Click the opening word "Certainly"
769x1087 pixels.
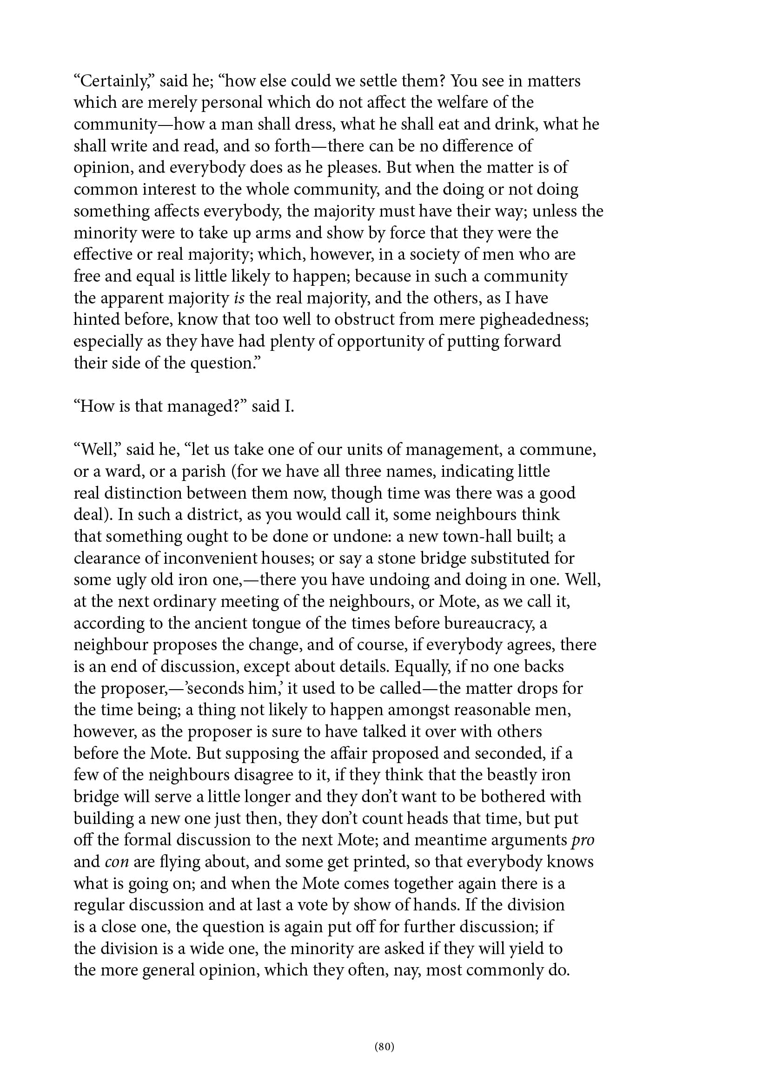(112, 81)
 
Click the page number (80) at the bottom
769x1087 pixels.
(384, 1046)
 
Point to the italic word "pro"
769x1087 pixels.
(583, 840)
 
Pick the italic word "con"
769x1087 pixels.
(117, 862)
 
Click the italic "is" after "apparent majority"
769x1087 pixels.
(239, 298)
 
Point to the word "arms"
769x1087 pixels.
(271, 233)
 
